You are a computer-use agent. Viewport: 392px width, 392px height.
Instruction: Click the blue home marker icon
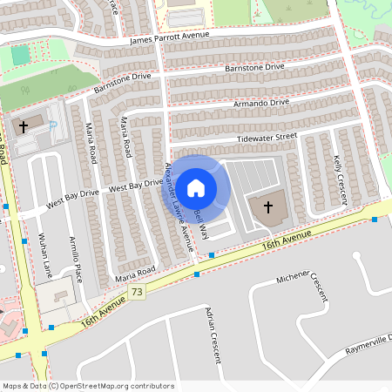click(x=196, y=187)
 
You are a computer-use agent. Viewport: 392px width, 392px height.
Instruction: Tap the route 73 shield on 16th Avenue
click(x=138, y=294)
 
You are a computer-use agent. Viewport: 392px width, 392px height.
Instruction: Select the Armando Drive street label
click(x=261, y=103)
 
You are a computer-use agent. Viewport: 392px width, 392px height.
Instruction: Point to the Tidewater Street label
click(x=267, y=138)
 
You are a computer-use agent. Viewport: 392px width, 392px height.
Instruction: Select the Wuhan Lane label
click(x=43, y=253)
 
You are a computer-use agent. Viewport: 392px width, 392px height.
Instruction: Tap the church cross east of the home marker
click(x=267, y=207)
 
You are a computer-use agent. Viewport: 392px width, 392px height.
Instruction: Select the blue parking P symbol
click(x=54, y=127)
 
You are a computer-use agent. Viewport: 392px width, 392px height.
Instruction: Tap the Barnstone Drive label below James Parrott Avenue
click(x=254, y=67)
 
